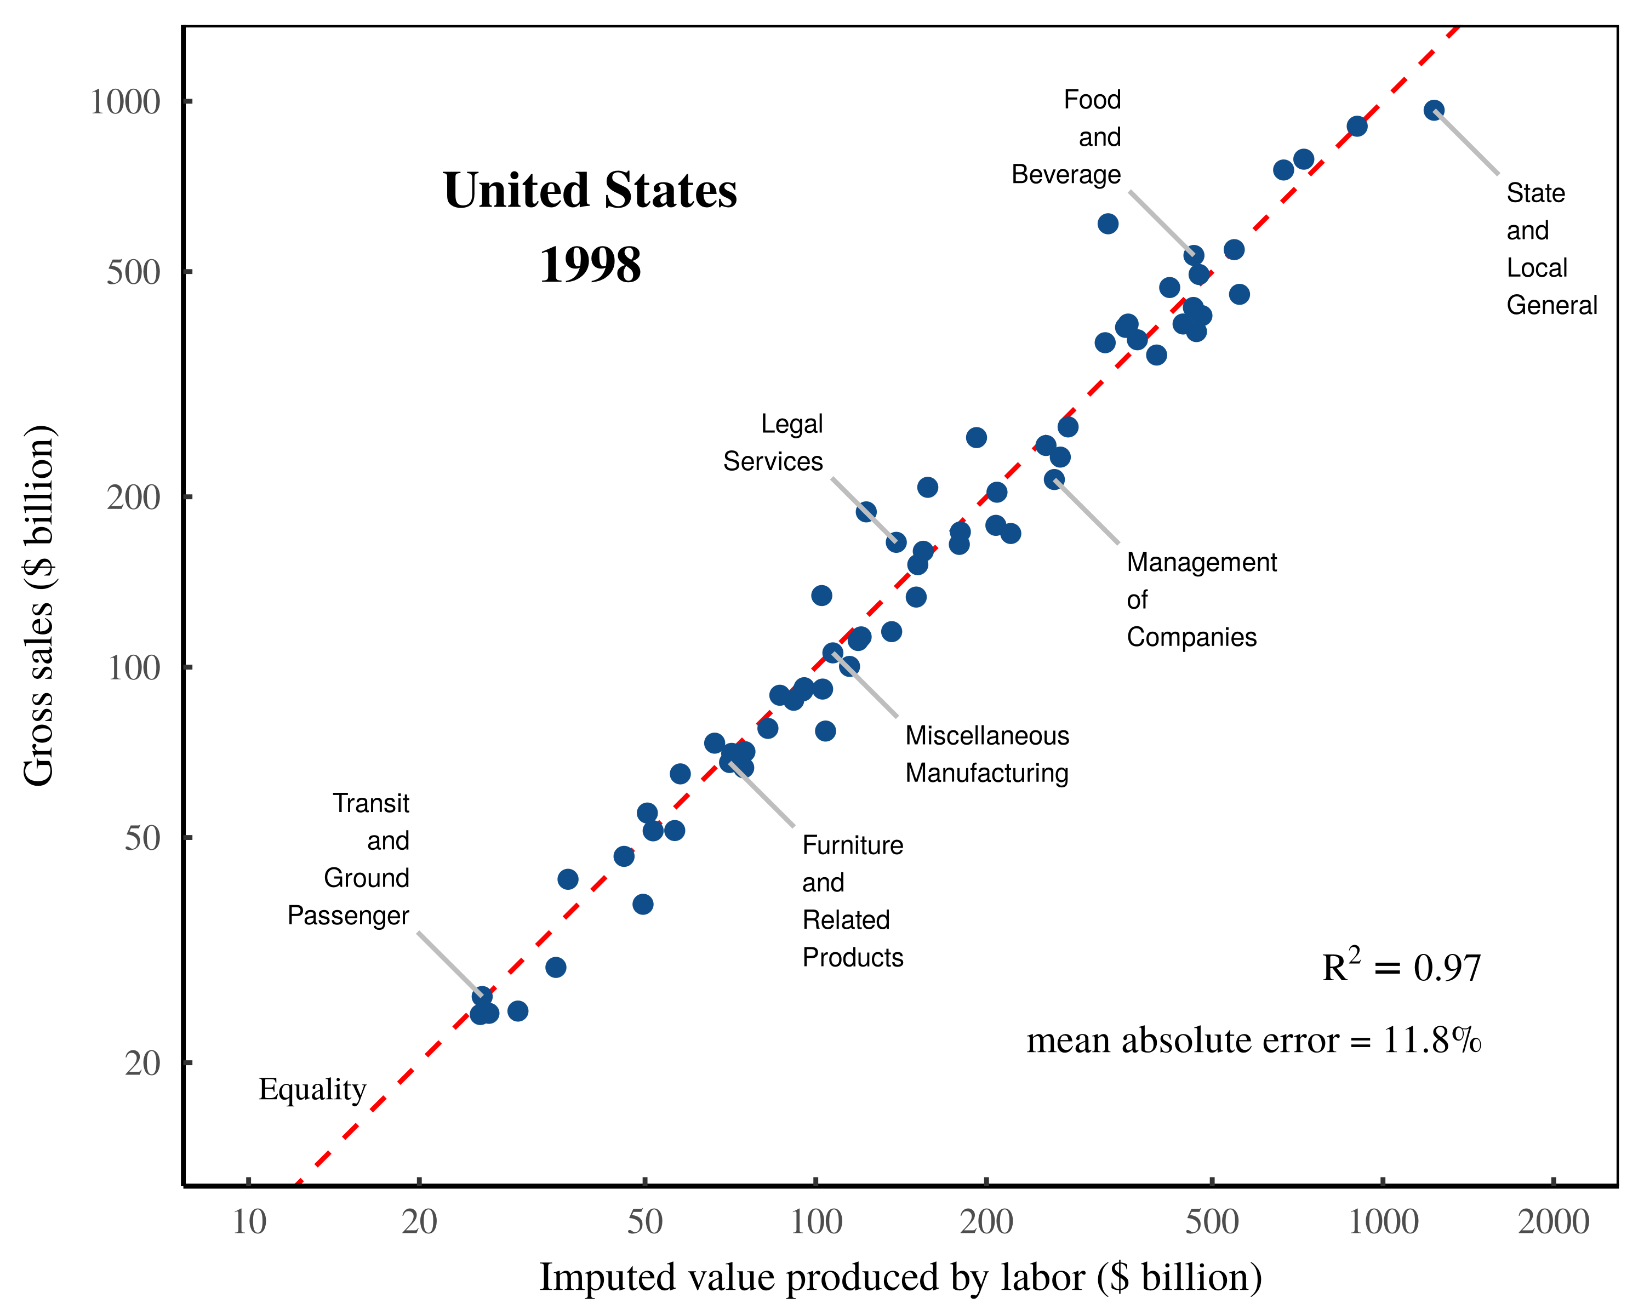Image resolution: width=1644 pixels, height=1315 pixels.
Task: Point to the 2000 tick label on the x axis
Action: coord(1553,1222)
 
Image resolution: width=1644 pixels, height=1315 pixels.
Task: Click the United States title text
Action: coord(590,191)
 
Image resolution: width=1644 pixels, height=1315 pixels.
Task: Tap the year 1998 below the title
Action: coord(590,265)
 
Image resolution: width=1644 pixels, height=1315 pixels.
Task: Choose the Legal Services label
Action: coord(773,443)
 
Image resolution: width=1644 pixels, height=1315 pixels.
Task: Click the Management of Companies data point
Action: coord(1054,479)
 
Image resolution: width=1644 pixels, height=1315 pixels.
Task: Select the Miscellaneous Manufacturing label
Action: coord(987,754)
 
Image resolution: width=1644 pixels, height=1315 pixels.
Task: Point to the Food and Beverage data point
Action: coord(1194,255)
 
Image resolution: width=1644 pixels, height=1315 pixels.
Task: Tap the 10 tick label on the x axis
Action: coord(249,1222)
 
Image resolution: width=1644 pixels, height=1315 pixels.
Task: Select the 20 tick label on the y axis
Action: coord(142,1062)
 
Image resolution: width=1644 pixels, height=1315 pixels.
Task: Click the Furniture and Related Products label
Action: coord(853,901)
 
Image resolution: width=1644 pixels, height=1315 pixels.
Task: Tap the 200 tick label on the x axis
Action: coord(986,1222)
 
